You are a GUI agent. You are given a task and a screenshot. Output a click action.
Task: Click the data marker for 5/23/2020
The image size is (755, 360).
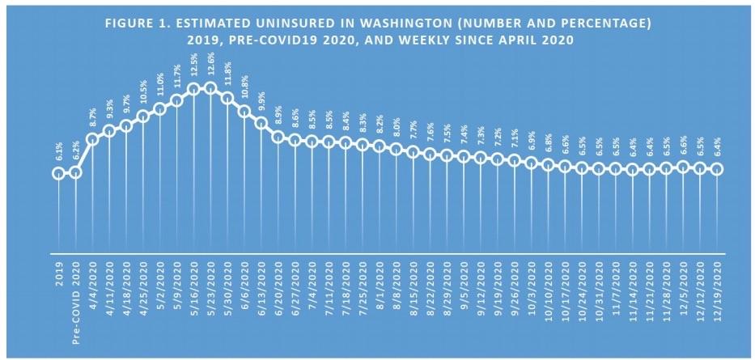tap(210, 88)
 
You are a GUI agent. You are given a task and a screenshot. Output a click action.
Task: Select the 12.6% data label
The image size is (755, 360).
tap(210, 65)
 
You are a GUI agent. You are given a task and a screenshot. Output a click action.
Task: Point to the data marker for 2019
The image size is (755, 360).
tap(58, 172)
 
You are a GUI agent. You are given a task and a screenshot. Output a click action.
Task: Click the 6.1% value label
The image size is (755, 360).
tap(58, 150)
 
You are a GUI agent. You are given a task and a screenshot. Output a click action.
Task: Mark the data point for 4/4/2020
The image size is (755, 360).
tap(92, 138)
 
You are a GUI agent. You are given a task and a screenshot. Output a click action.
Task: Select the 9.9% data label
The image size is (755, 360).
tap(261, 102)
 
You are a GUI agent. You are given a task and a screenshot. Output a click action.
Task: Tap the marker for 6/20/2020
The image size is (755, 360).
tap(278, 137)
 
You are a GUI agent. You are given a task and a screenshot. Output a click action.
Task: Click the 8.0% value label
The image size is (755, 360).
tap(397, 128)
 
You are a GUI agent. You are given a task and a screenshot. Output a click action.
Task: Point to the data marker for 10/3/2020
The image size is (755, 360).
tap(532, 162)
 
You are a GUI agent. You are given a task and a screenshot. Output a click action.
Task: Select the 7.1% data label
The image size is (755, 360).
tap(515, 138)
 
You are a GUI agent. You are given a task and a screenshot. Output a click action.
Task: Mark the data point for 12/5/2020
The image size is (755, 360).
tap(683, 167)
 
